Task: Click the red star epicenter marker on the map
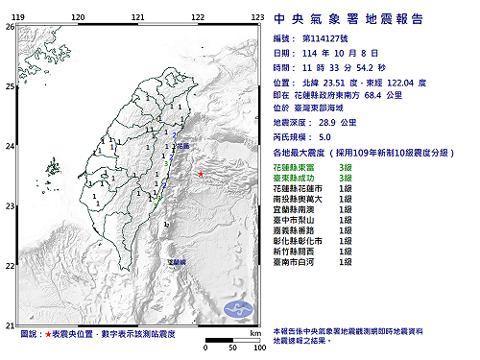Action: (200, 174)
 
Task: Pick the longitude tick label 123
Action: (257, 17)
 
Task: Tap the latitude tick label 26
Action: (10, 27)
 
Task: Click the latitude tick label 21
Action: (10, 324)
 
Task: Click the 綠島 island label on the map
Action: (177, 261)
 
